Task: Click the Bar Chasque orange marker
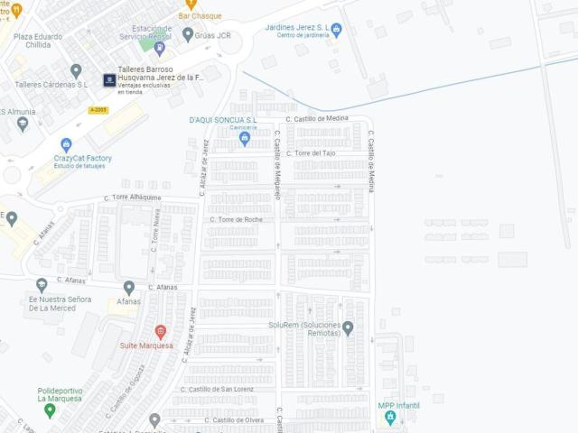pos(191,5)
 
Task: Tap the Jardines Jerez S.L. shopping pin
pos(336,31)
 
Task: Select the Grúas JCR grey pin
pos(188,34)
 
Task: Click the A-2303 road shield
pos(98,110)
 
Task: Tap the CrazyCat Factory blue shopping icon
pos(66,144)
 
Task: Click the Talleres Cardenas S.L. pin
pos(76,70)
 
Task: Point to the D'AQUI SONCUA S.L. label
pos(223,120)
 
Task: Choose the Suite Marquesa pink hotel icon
pos(161,332)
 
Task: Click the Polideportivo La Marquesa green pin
pos(50,410)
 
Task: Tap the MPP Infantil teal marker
pos(390,418)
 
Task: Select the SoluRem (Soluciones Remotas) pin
pos(348,327)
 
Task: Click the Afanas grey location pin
pos(129,288)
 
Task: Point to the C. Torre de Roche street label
pos(236,219)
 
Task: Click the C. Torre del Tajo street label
pos(310,153)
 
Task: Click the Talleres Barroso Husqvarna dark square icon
pos(109,79)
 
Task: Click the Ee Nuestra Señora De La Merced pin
pos(42,285)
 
